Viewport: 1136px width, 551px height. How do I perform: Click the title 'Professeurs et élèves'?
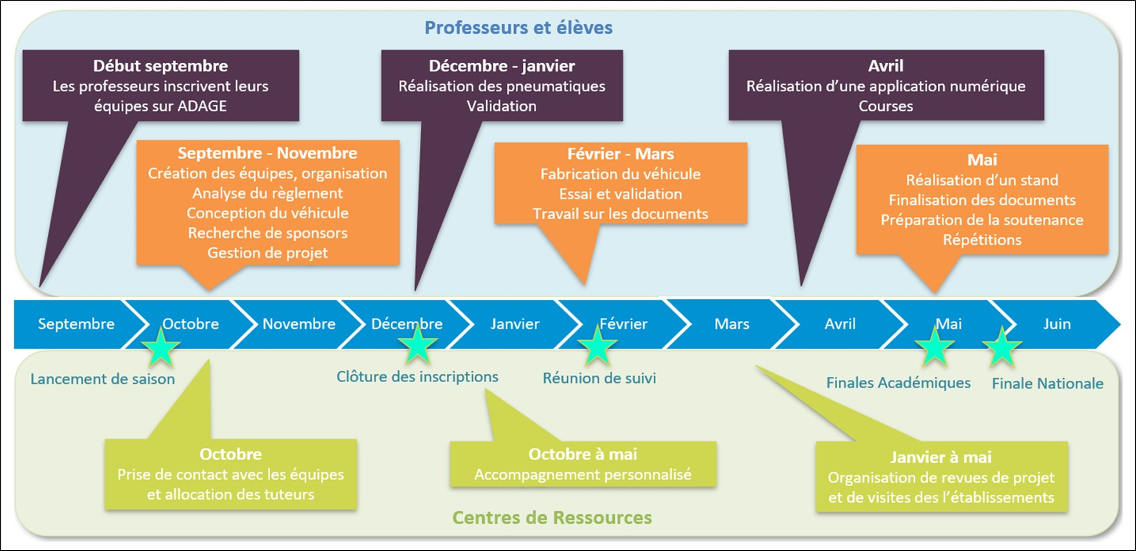(518, 28)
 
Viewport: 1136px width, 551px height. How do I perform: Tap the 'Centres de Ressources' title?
(552, 518)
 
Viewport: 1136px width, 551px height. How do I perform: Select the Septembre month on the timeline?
(76, 324)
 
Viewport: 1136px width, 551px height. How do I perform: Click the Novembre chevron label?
(299, 324)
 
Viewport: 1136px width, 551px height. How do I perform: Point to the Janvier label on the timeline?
(515, 324)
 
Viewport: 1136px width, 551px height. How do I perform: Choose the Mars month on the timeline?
(732, 324)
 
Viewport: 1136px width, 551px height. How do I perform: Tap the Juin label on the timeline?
(1056, 324)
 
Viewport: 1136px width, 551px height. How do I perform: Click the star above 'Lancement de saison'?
(160, 347)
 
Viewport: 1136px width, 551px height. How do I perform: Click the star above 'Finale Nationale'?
(1002, 348)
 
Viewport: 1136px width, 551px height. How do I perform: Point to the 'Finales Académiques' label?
(898, 383)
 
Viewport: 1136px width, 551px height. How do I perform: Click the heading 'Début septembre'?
(160, 66)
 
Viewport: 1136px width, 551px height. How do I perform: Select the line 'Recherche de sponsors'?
(268, 233)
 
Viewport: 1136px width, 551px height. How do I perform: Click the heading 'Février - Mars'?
(620, 154)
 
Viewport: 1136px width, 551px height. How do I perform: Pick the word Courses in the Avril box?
(885, 106)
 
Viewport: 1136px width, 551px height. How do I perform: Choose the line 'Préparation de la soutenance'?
(982, 220)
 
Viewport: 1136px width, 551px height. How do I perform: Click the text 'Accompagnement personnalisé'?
(583, 475)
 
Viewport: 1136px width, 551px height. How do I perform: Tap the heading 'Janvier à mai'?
(941, 457)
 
